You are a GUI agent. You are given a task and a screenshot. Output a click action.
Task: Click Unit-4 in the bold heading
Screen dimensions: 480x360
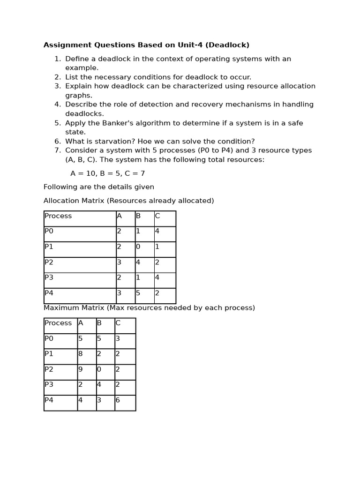pos(188,45)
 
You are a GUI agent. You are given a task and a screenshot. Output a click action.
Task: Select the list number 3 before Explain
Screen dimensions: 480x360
pos(58,86)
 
